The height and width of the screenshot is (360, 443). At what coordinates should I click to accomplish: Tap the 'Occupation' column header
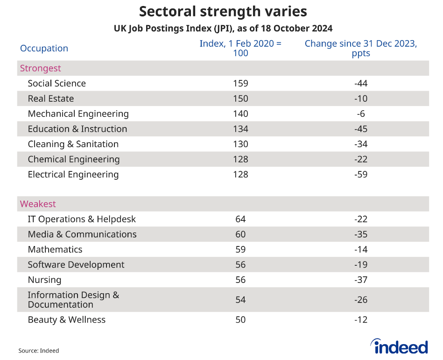[44, 49]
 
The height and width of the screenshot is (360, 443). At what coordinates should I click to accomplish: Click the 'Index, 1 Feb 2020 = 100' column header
[240, 48]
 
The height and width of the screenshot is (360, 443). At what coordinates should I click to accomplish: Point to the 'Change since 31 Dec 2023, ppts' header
[360, 48]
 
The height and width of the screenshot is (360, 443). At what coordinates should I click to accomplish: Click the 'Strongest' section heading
[41, 68]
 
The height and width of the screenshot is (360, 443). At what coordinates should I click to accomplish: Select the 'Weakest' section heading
[38, 204]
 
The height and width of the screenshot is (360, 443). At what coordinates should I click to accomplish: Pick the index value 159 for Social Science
[240, 84]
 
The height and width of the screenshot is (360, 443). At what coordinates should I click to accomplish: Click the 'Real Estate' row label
[51, 99]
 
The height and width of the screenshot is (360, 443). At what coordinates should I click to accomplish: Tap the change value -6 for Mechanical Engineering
[360, 114]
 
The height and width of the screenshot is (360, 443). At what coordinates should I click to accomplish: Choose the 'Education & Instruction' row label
[77, 129]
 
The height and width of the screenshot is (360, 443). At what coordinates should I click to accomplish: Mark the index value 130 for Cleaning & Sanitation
[240, 144]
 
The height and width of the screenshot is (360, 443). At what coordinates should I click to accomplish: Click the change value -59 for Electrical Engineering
[360, 175]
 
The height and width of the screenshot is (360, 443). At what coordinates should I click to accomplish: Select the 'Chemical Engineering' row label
[74, 159]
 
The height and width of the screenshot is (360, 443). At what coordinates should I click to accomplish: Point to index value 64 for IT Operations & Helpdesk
[240, 219]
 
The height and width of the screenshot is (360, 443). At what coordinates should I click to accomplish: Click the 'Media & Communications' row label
[82, 234]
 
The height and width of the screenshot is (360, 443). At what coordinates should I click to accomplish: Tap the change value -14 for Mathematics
[360, 249]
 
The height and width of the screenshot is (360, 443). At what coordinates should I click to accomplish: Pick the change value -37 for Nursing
[360, 280]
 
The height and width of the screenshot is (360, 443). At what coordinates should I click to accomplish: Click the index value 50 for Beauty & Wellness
[240, 320]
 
